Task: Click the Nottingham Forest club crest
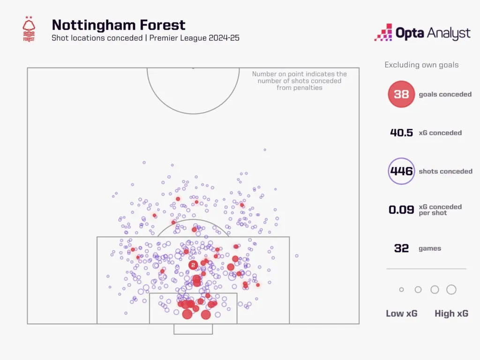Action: pyautogui.click(x=29, y=29)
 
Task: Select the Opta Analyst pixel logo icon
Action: pyautogui.click(x=383, y=32)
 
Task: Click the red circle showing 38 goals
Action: pyautogui.click(x=401, y=94)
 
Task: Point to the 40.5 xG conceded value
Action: pyautogui.click(x=401, y=133)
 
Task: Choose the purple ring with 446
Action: pyautogui.click(x=401, y=171)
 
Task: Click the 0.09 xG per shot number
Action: pyautogui.click(x=401, y=210)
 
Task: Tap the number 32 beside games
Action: pyautogui.click(x=401, y=248)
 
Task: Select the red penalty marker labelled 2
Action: pyautogui.click(x=193, y=265)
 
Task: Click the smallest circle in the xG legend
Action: pyautogui.click(x=401, y=290)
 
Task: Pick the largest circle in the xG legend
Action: pyautogui.click(x=451, y=290)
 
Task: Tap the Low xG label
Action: pyautogui.click(x=401, y=314)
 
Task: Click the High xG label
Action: pyautogui.click(x=451, y=314)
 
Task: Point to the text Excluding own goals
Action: pyautogui.click(x=421, y=65)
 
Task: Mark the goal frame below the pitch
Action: pyautogui.click(x=193, y=334)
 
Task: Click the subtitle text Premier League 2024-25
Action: pyautogui.click(x=195, y=38)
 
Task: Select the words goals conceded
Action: pyautogui.click(x=445, y=94)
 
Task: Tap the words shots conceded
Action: pyautogui.click(x=445, y=171)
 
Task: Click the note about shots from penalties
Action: pyautogui.click(x=300, y=81)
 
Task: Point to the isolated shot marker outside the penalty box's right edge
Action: pyautogui.click(x=297, y=255)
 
